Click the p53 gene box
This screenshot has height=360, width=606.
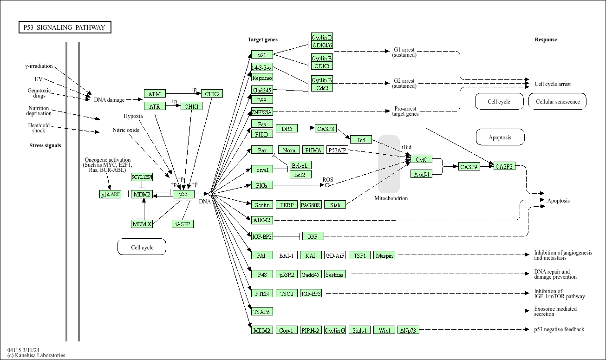point(183,194)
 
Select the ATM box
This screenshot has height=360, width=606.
point(155,94)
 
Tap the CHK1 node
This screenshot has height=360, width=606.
point(191,106)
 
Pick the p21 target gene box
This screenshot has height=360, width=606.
point(262,55)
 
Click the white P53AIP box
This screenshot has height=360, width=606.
point(337,150)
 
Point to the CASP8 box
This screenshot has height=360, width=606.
point(326,129)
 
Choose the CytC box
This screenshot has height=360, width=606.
point(422,159)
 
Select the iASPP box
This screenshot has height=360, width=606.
point(182,224)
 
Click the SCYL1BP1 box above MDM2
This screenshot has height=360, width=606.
point(142,177)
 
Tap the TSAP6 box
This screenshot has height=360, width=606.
point(262,312)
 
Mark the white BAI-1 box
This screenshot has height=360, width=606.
point(287,255)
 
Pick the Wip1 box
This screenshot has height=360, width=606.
point(384,330)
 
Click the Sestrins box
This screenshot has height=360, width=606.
point(335,275)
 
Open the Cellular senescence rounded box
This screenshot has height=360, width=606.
point(557,102)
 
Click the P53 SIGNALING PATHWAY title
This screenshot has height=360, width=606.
point(65,27)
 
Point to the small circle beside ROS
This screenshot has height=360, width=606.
point(327,185)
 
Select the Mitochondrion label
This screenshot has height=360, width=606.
point(391,198)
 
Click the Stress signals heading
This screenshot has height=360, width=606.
point(45,145)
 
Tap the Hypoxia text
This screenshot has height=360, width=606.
point(133,116)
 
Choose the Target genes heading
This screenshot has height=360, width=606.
point(263,39)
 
